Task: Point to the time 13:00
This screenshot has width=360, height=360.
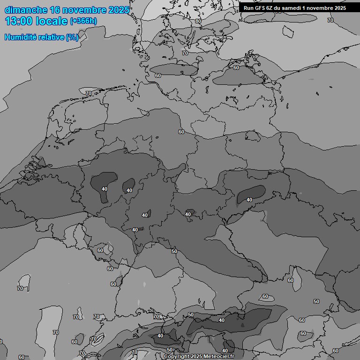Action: pos(18,21)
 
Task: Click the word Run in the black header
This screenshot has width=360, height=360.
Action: pos(249,7)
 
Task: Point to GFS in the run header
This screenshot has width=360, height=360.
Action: pos(261,7)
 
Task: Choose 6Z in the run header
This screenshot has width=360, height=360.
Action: pos(272,7)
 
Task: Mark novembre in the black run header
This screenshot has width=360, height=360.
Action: pos(321,7)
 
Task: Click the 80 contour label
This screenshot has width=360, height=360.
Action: pos(198,21)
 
